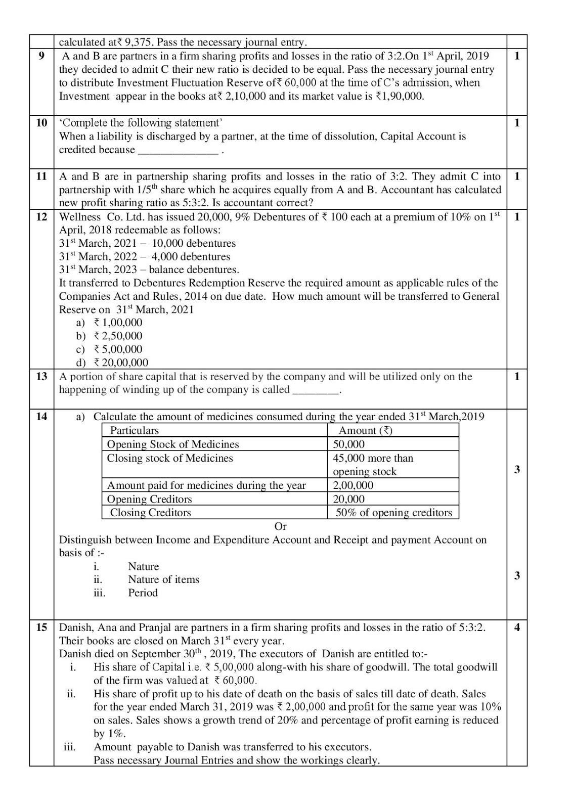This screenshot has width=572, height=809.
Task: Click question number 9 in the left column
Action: pos(41,56)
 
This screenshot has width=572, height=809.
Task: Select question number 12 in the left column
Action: pos(41,217)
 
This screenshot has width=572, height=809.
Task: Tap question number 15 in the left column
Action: pos(41,627)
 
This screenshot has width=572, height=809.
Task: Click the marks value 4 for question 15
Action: pos(516,627)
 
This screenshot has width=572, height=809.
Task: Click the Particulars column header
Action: pos(135,430)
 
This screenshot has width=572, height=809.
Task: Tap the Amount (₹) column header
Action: pos(365,430)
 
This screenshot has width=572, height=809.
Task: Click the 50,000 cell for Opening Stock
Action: pos(349,444)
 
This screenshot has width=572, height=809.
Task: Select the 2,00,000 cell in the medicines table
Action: pos(353,485)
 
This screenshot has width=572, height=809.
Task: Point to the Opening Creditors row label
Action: pos(150,499)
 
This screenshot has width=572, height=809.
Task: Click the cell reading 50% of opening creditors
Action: pos(393,513)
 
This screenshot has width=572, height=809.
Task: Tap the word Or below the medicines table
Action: pos(280,526)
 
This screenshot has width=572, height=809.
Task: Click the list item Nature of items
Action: pos(163,579)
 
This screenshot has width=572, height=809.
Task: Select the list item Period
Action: pos(143,593)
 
